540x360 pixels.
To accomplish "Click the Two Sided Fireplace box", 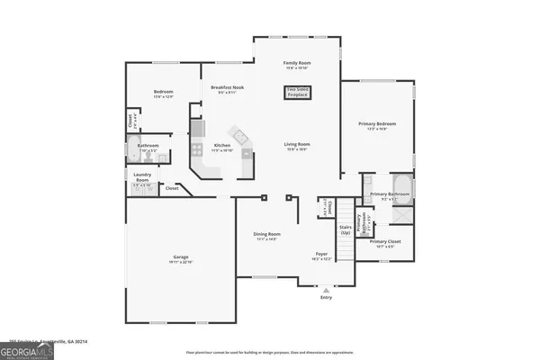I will (298, 91).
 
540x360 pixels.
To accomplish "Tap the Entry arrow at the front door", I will (325, 291).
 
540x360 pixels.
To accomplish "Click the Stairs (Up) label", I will (345, 229).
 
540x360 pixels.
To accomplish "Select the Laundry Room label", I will (142, 177).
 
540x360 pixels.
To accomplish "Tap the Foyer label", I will (321, 256).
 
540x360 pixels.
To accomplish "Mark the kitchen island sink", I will (240, 137).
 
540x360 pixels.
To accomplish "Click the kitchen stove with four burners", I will (197, 150).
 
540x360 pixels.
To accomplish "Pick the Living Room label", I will (297, 147).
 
